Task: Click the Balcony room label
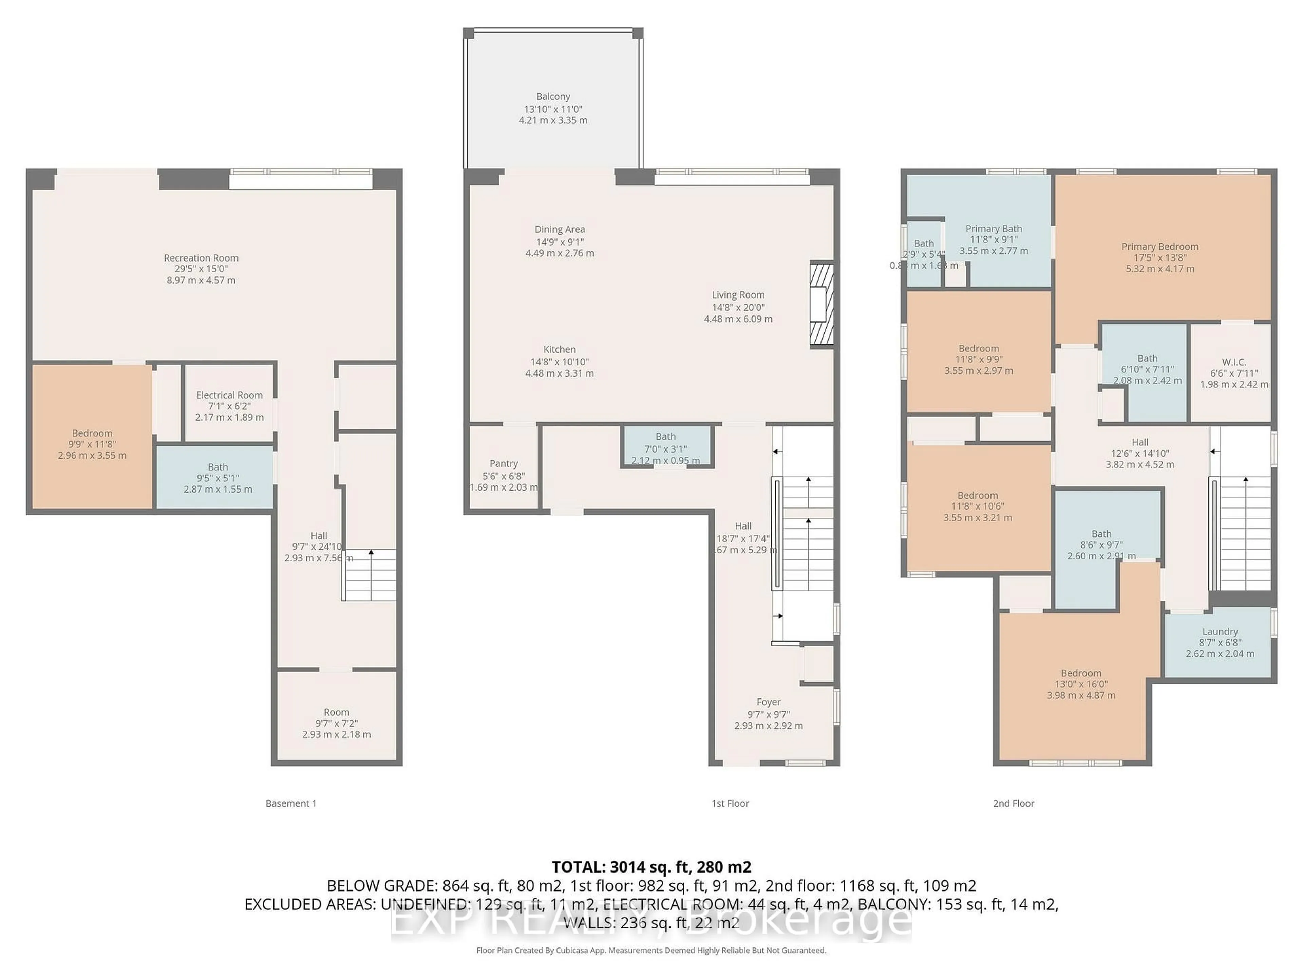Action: click(x=552, y=97)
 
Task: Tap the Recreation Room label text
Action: click(x=201, y=258)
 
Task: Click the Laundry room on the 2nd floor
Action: click(x=1219, y=642)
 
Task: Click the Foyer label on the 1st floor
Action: click(x=768, y=702)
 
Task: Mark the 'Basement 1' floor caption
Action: click(x=291, y=803)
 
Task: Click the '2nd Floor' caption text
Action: click(x=1013, y=803)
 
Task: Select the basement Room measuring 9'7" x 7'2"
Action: click(x=336, y=723)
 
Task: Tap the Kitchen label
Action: click(x=559, y=350)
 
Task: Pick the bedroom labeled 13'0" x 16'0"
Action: click(x=1081, y=684)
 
